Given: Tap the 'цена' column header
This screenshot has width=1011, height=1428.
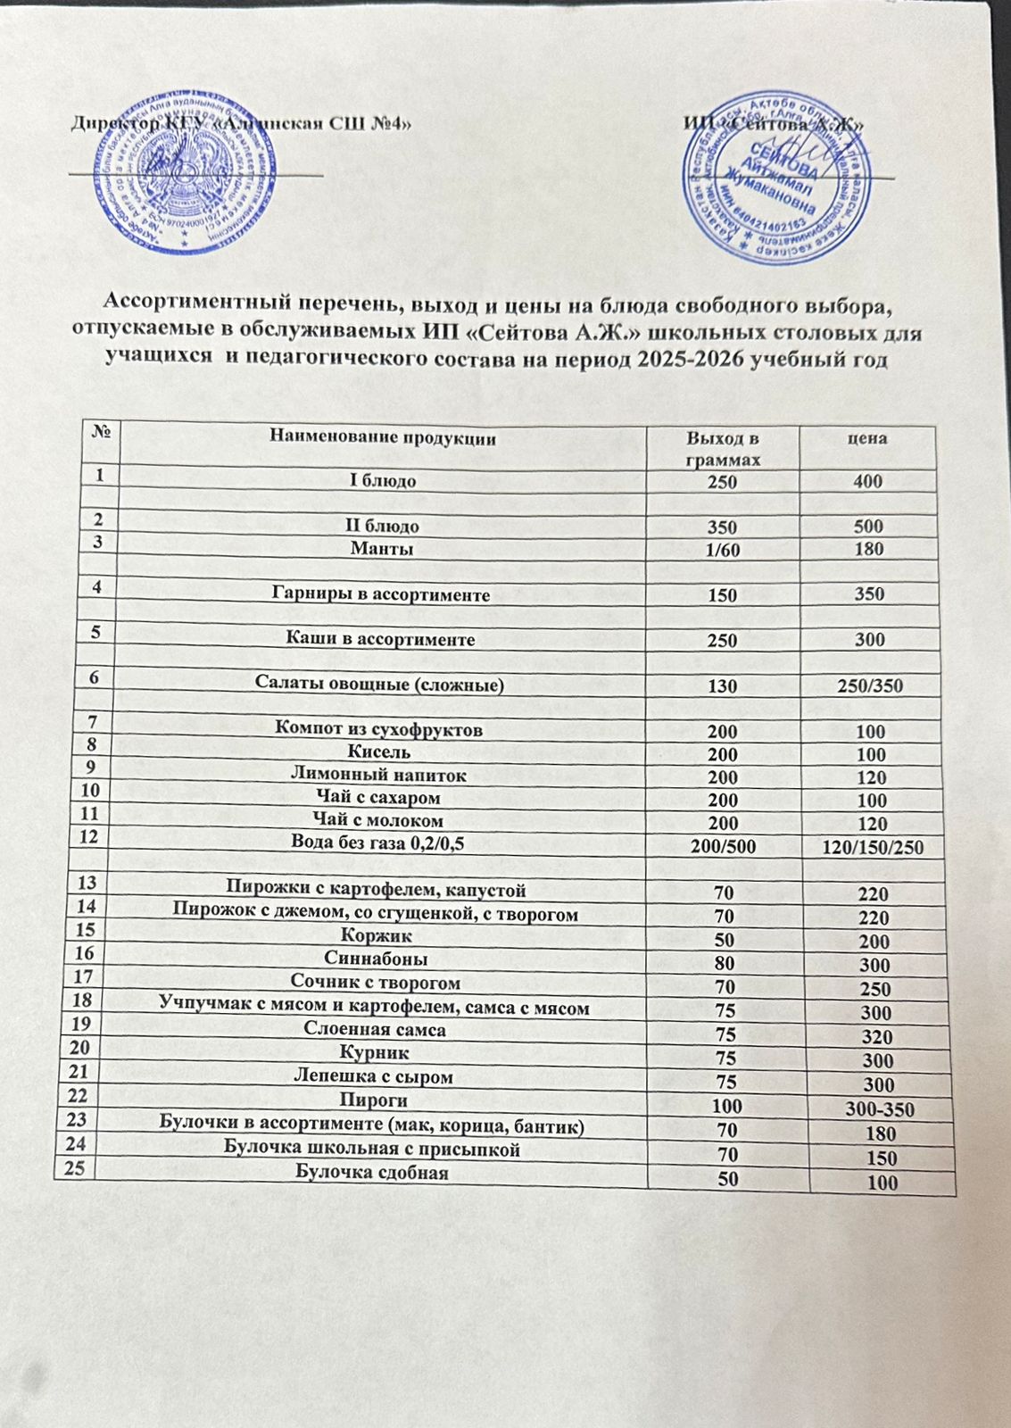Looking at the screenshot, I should pos(870,437).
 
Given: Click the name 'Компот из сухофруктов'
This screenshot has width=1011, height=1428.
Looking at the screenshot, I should pos(380,730).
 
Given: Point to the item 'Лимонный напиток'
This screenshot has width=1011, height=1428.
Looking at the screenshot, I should pos(379,776).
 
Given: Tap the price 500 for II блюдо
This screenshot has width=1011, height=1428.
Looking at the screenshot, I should pos(868,526).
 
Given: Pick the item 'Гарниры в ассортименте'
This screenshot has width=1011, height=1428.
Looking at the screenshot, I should pos(379,594).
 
